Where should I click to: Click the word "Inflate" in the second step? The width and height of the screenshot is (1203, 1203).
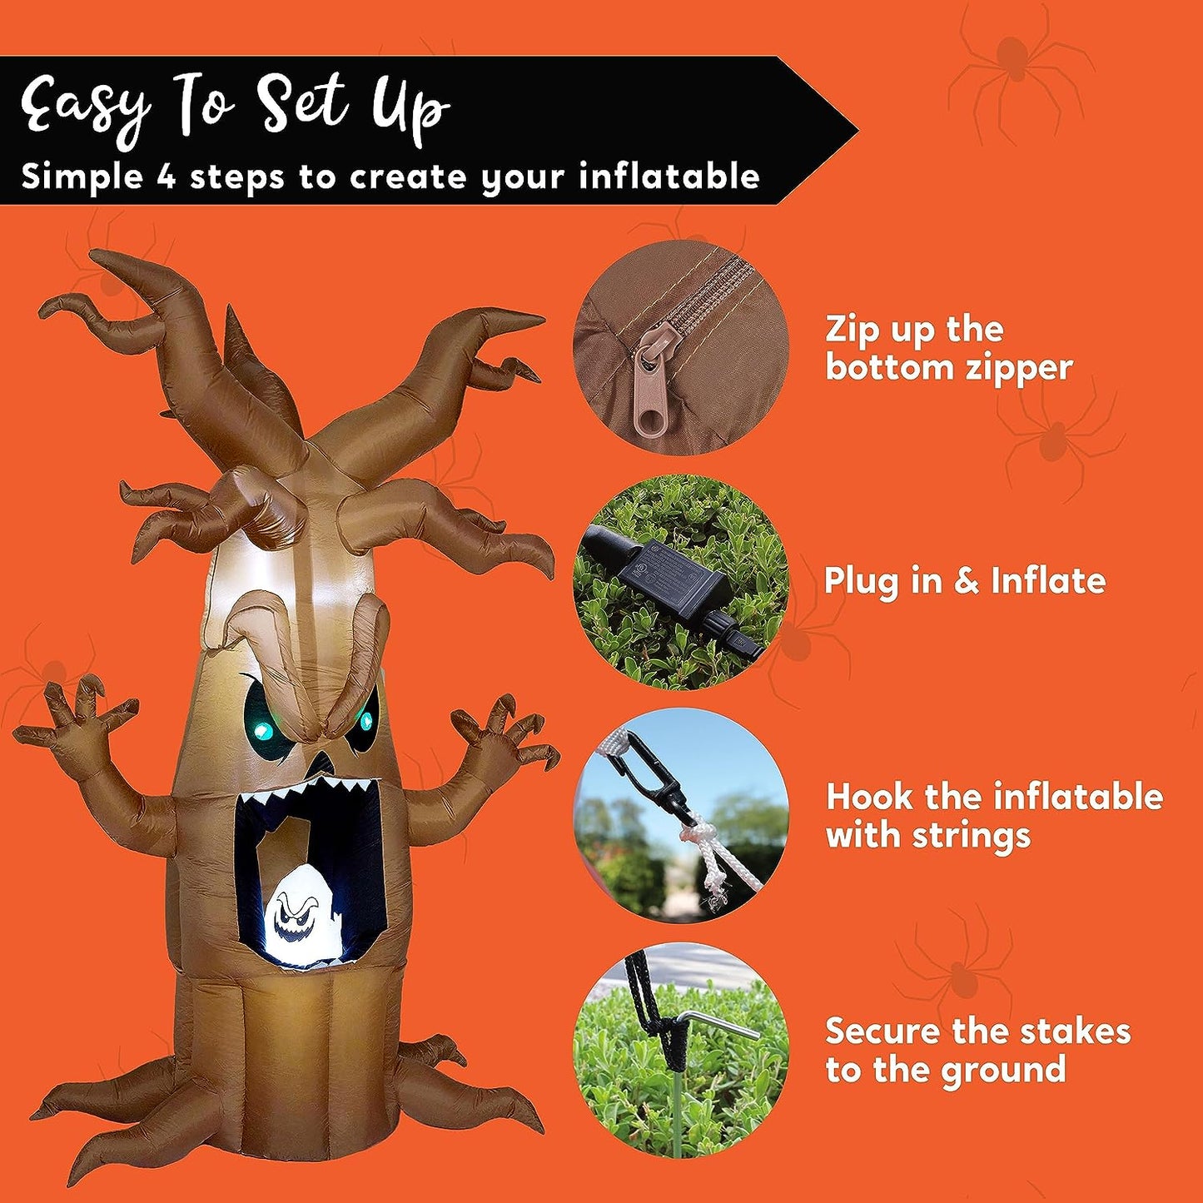(x=1048, y=581)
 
